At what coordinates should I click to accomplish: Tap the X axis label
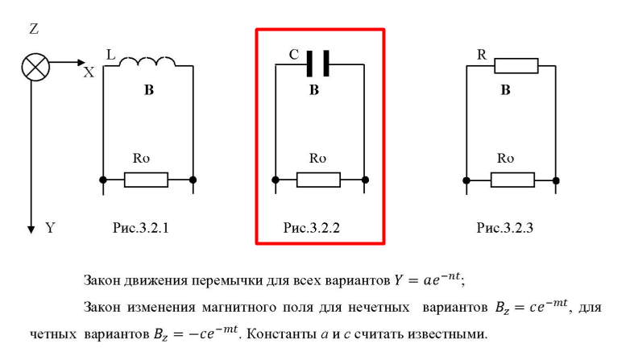pyautogui.click(x=89, y=72)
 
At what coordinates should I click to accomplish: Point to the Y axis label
pyautogui.click(x=50, y=229)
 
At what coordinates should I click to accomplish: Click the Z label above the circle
pyautogui.click(x=34, y=30)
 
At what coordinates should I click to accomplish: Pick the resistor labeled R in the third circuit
pyautogui.click(x=516, y=65)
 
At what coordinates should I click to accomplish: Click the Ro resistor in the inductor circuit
pyautogui.click(x=147, y=179)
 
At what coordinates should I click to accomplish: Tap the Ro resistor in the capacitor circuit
pyautogui.click(x=319, y=179)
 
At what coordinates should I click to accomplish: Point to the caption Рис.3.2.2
pyautogui.click(x=312, y=229)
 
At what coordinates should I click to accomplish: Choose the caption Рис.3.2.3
pyautogui.click(x=505, y=229)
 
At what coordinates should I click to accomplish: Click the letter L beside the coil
pyautogui.click(x=110, y=54)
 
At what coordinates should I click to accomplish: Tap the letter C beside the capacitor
pyautogui.click(x=294, y=56)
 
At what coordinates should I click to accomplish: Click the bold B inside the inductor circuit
pyautogui.click(x=148, y=91)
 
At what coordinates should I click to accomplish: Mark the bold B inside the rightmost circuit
pyautogui.click(x=505, y=90)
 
